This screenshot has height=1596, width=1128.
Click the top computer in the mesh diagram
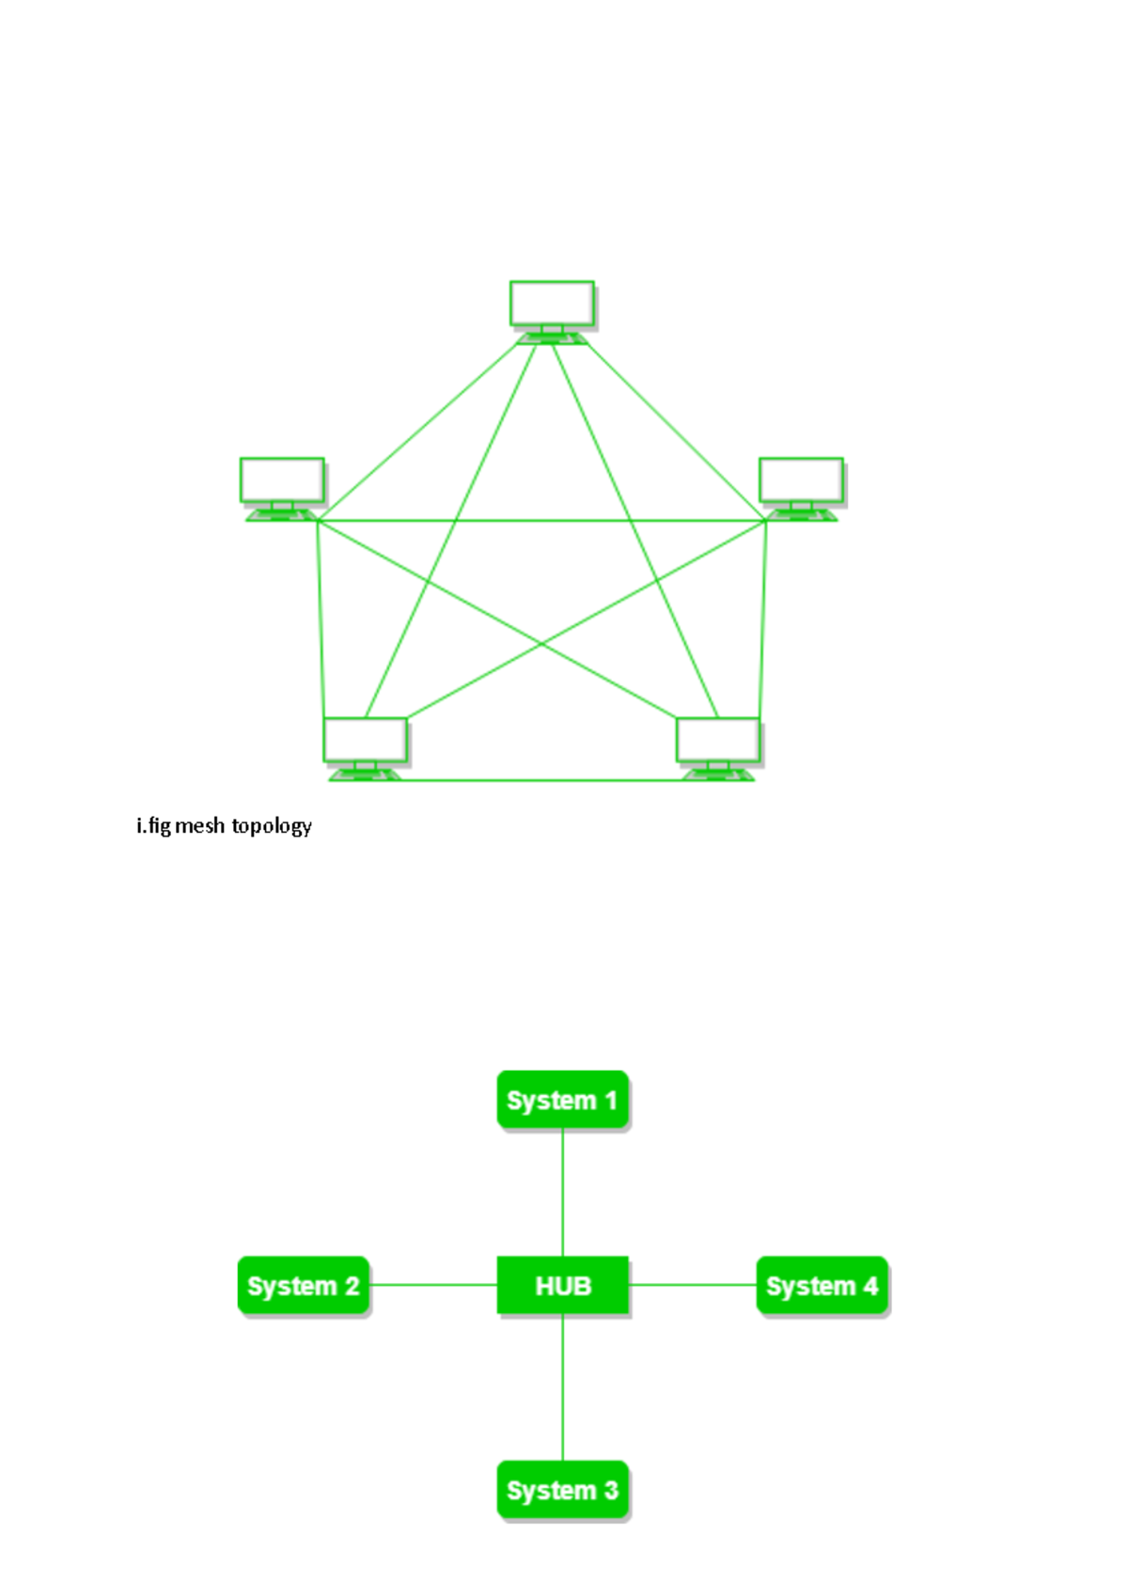tap(552, 305)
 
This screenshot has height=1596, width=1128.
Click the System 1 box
tap(562, 1100)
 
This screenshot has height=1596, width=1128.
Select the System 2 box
tap(303, 1286)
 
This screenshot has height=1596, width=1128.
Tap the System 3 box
tap(562, 1490)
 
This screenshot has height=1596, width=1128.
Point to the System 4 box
tap(822, 1286)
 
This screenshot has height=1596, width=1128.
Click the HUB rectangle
tap(562, 1285)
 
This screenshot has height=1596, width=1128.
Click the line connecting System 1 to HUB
tap(562, 1192)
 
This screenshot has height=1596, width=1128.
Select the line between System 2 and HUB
tap(432, 1285)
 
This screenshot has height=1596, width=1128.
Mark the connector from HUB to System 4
tap(693, 1285)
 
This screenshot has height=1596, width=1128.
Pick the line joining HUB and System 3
tap(562, 1387)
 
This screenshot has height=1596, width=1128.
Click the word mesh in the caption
tap(200, 826)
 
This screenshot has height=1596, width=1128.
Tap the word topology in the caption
tap(272, 826)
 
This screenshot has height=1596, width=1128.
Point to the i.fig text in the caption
tap(154, 826)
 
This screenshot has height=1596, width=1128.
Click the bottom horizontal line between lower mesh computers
tap(540, 780)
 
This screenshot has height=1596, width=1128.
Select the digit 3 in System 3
tap(611, 1491)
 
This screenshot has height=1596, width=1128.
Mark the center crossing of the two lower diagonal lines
tap(541, 644)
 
